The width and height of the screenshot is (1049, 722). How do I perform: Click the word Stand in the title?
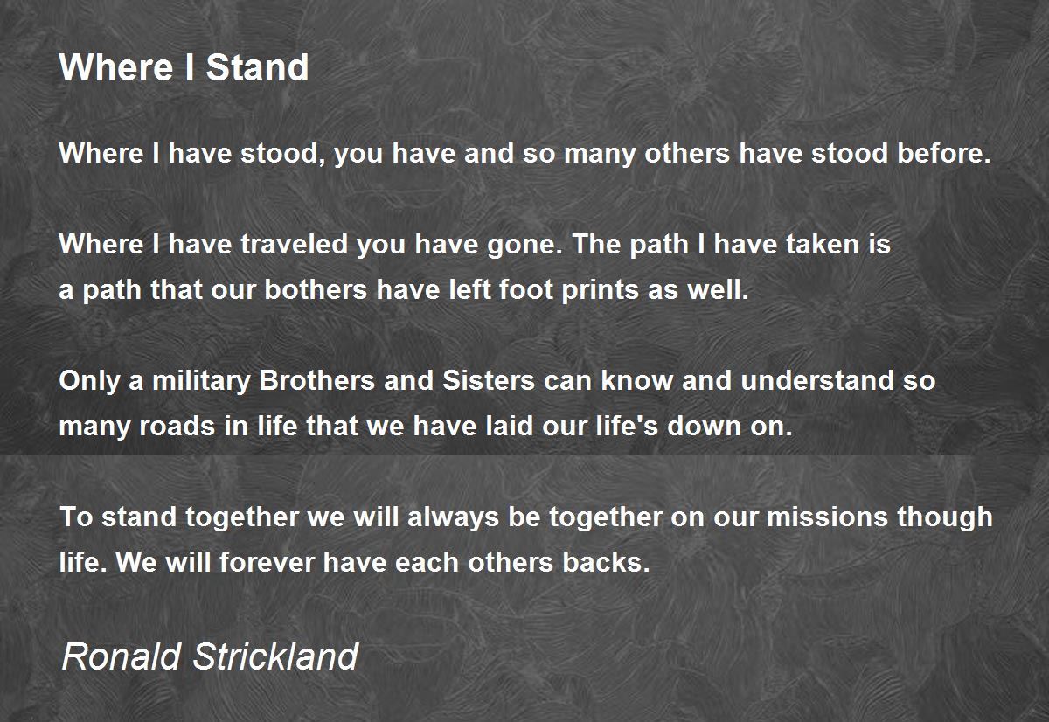coord(257,67)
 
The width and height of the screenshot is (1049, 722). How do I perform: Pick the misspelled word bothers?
coord(316,290)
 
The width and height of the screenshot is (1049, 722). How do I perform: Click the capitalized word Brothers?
coord(316,380)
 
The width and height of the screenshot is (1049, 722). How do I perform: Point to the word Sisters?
coord(489,380)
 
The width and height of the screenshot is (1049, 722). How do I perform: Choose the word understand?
coord(817,380)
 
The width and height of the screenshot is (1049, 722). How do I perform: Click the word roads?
coord(177,426)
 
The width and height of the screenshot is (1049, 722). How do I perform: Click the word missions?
coord(827,517)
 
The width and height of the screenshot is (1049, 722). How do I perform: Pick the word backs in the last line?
coord(606,562)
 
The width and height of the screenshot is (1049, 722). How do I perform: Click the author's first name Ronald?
coord(122,656)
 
